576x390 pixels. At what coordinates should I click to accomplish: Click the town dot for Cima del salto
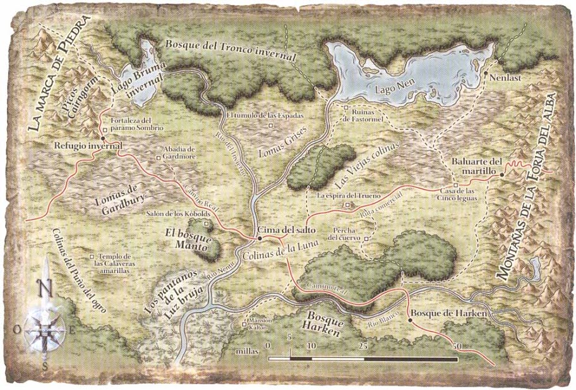pos(259,238)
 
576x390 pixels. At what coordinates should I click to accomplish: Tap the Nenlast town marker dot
pos(485,74)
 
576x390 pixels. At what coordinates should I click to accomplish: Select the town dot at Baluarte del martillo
pos(502,173)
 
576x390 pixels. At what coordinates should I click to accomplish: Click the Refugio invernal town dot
pos(102,137)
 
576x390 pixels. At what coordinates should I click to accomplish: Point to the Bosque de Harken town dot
pos(409,320)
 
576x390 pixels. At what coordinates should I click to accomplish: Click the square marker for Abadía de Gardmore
pos(159,157)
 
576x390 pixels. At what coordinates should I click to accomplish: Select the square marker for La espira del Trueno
pos(345,205)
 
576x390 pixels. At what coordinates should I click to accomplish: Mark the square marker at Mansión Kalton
pos(245,326)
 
